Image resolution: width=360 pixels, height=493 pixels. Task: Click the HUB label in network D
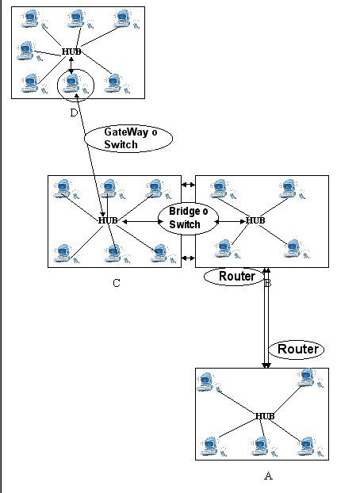click(71, 52)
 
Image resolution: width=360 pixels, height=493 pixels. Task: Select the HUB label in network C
click(108, 220)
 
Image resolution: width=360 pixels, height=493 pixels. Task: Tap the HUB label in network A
click(265, 416)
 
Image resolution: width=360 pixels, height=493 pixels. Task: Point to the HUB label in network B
click(255, 220)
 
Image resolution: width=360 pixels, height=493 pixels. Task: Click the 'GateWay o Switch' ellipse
click(128, 139)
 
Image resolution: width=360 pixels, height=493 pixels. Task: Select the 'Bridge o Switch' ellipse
click(188, 219)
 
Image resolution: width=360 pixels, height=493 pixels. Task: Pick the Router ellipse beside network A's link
click(297, 350)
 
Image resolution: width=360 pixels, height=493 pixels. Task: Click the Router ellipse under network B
click(235, 277)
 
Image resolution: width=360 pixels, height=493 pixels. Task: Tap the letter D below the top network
click(74, 113)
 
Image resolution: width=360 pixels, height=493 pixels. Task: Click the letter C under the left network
click(117, 283)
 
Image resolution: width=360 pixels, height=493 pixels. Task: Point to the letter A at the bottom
click(268, 476)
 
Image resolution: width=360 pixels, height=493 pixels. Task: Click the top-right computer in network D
click(124, 19)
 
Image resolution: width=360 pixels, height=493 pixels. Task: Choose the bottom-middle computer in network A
click(261, 446)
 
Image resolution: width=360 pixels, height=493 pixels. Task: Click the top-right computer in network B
click(289, 188)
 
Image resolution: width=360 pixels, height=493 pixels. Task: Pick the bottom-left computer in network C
click(63, 253)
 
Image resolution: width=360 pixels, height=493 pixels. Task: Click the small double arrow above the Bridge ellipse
click(188, 185)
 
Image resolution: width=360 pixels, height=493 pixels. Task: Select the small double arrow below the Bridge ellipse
click(188, 258)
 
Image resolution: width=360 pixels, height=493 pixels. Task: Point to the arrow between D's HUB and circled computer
click(71, 66)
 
